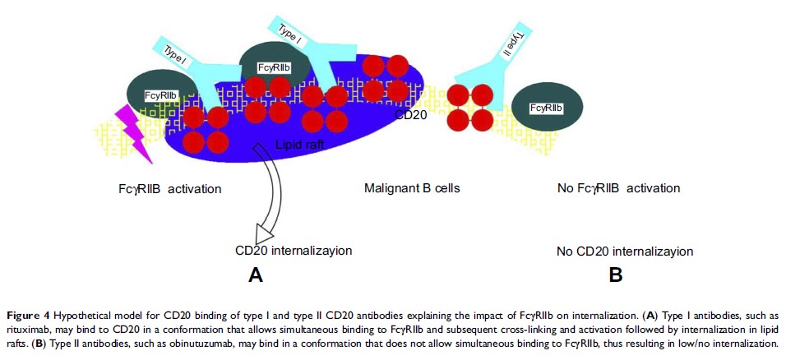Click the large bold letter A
[255, 276]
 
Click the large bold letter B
[615, 276]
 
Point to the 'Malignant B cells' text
[412, 188]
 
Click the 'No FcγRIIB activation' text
[618, 188]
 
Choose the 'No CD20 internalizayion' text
[625, 251]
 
